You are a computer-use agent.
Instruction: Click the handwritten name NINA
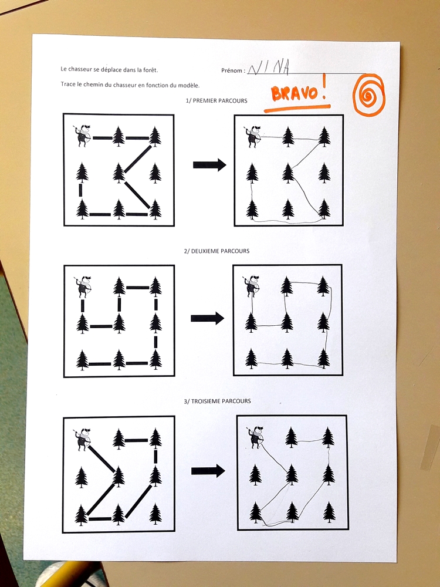[269, 68]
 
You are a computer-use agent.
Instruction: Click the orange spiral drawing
[368, 95]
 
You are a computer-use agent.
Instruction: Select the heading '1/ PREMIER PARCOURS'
[216, 100]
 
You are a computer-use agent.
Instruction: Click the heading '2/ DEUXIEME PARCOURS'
[216, 251]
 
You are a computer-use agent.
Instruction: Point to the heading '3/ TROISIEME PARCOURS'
[217, 401]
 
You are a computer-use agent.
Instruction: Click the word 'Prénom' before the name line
[232, 70]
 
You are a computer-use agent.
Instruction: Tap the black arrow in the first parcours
[209, 165]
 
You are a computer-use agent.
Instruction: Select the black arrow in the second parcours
[207, 319]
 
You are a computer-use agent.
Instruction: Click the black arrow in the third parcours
[208, 471]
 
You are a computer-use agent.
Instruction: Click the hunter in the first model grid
[82, 136]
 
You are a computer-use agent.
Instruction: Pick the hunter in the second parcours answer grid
[253, 286]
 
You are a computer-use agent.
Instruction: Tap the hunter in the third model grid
[82, 439]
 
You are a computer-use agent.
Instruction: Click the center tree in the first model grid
[119, 173]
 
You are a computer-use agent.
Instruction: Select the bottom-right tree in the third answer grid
[329, 512]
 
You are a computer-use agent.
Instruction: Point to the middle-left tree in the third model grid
[81, 478]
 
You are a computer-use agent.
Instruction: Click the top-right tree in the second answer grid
[323, 286]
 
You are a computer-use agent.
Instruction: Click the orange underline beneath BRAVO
[297, 109]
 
